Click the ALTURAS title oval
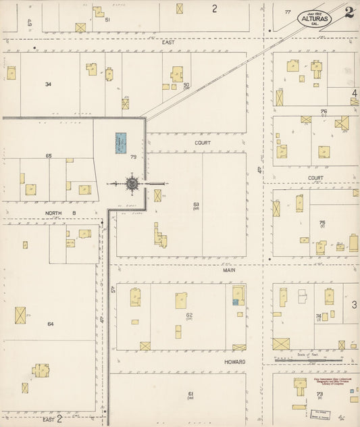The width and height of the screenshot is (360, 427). point(315,18)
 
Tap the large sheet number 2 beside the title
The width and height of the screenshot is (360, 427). point(349,12)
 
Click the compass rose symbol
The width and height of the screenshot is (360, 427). point(132,183)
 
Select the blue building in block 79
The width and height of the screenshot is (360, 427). point(122,143)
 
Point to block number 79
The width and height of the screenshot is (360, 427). point(133,157)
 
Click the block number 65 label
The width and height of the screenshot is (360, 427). point(49,156)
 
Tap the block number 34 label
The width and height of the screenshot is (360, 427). point(48,84)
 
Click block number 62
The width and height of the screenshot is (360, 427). point(190,316)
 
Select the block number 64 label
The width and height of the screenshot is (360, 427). point(50,324)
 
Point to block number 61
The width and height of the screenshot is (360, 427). point(191,394)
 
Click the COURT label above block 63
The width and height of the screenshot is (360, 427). point(203,143)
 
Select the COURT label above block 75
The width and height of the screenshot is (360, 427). point(315,178)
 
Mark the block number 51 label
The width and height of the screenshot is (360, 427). point(108,20)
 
